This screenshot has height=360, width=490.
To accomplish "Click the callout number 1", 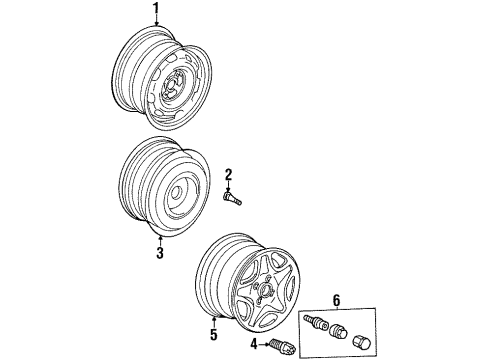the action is pyautogui.click(x=155, y=8).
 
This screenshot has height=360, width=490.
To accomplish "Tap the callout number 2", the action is pyautogui.click(x=228, y=175).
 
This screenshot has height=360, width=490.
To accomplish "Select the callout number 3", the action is pyautogui.click(x=160, y=253).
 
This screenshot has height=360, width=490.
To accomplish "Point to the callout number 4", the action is pyautogui.click(x=254, y=344).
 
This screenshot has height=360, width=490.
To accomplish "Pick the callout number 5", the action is pyautogui.click(x=214, y=334).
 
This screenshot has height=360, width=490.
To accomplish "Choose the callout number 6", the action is pyautogui.click(x=337, y=301).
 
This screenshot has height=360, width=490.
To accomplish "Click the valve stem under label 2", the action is pyautogui.click(x=232, y=198).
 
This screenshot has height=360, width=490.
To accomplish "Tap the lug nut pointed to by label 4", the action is pyautogui.click(x=282, y=347).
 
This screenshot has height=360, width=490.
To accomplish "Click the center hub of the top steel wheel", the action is pyautogui.click(x=170, y=88).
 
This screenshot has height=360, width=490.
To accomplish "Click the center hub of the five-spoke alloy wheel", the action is pyautogui.click(x=265, y=288).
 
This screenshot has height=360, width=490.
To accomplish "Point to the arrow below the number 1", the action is pyautogui.click(x=156, y=20).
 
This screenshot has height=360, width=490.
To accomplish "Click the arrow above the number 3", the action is pyautogui.click(x=160, y=241).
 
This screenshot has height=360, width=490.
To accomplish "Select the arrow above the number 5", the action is pyautogui.click(x=214, y=322).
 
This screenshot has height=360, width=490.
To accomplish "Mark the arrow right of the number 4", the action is pyautogui.click(x=264, y=345).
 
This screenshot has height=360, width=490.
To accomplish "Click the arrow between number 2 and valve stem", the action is pyautogui.click(x=228, y=187).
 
